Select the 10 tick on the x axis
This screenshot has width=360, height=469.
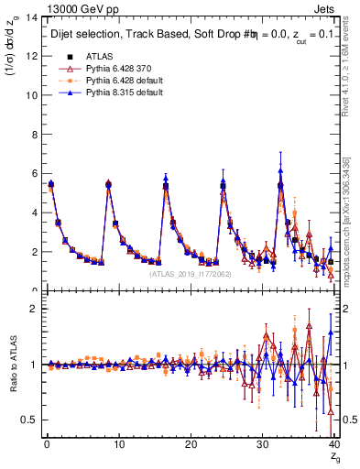[x=118, y=445]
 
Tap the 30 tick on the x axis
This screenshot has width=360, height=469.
[x=263, y=445]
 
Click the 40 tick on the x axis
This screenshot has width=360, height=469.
[x=334, y=445]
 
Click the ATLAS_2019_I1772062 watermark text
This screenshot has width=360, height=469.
[x=191, y=273]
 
